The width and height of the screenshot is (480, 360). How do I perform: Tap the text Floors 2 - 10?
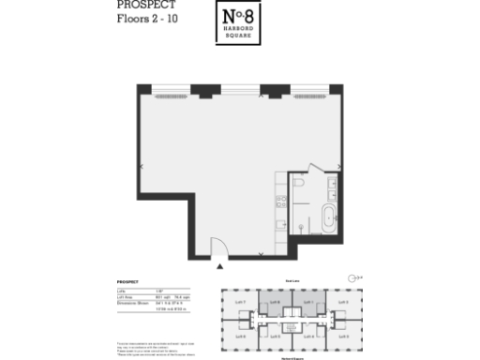pos(145,18)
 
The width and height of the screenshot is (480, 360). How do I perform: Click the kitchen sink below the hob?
pos(280,223)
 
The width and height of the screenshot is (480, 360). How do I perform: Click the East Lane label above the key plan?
pos(291,279)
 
